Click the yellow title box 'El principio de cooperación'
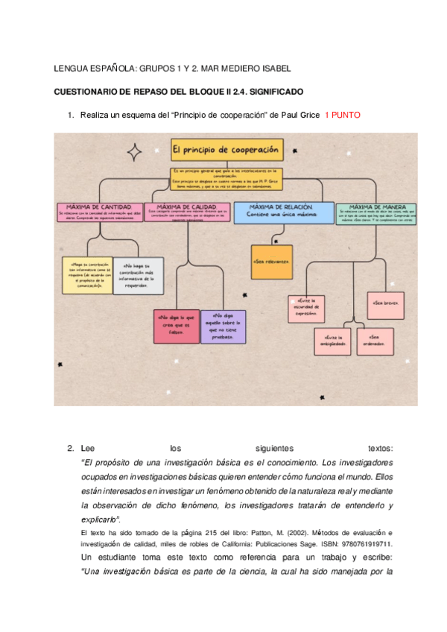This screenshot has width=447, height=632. (x=226, y=149)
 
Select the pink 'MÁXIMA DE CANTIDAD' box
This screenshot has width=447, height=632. (x=99, y=212)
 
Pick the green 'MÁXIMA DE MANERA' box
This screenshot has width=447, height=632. (x=375, y=212)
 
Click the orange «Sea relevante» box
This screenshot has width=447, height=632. (x=271, y=262)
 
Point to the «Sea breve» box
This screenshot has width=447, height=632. (x=385, y=304)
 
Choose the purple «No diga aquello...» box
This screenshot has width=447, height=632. (x=223, y=326)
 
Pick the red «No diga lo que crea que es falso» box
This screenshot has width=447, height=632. (x=174, y=326)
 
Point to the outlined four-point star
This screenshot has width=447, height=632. (x=135, y=152)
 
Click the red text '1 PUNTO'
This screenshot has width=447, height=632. (x=346, y=116)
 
